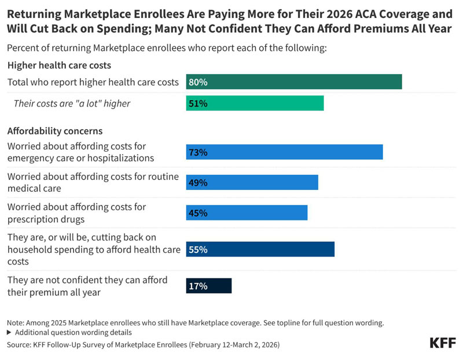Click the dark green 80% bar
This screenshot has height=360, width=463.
click(294, 82)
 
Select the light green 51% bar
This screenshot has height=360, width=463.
click(255, 103)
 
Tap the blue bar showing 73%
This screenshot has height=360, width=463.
click(284, 152)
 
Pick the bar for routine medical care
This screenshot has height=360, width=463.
click(252, 182)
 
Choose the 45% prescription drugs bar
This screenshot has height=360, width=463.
click(247, 212)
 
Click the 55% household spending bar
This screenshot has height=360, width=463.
click(260, 249)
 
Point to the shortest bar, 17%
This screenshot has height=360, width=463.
click(209, 286)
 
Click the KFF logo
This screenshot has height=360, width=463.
click(443, 343)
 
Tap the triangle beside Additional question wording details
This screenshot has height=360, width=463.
click(9, 333)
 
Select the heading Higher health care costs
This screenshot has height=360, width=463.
click(59, 65)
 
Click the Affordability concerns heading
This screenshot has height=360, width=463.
click(55, 131)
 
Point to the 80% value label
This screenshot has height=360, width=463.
click(198, 82)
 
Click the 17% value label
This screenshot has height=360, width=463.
click(198, 286)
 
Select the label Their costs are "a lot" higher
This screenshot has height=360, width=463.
click(72, 104)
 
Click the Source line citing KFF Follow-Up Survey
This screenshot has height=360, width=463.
click(143, 344)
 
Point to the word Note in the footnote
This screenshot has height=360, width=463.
click(15, 323)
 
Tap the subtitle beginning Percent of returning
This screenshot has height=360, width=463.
click(167, 48)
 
